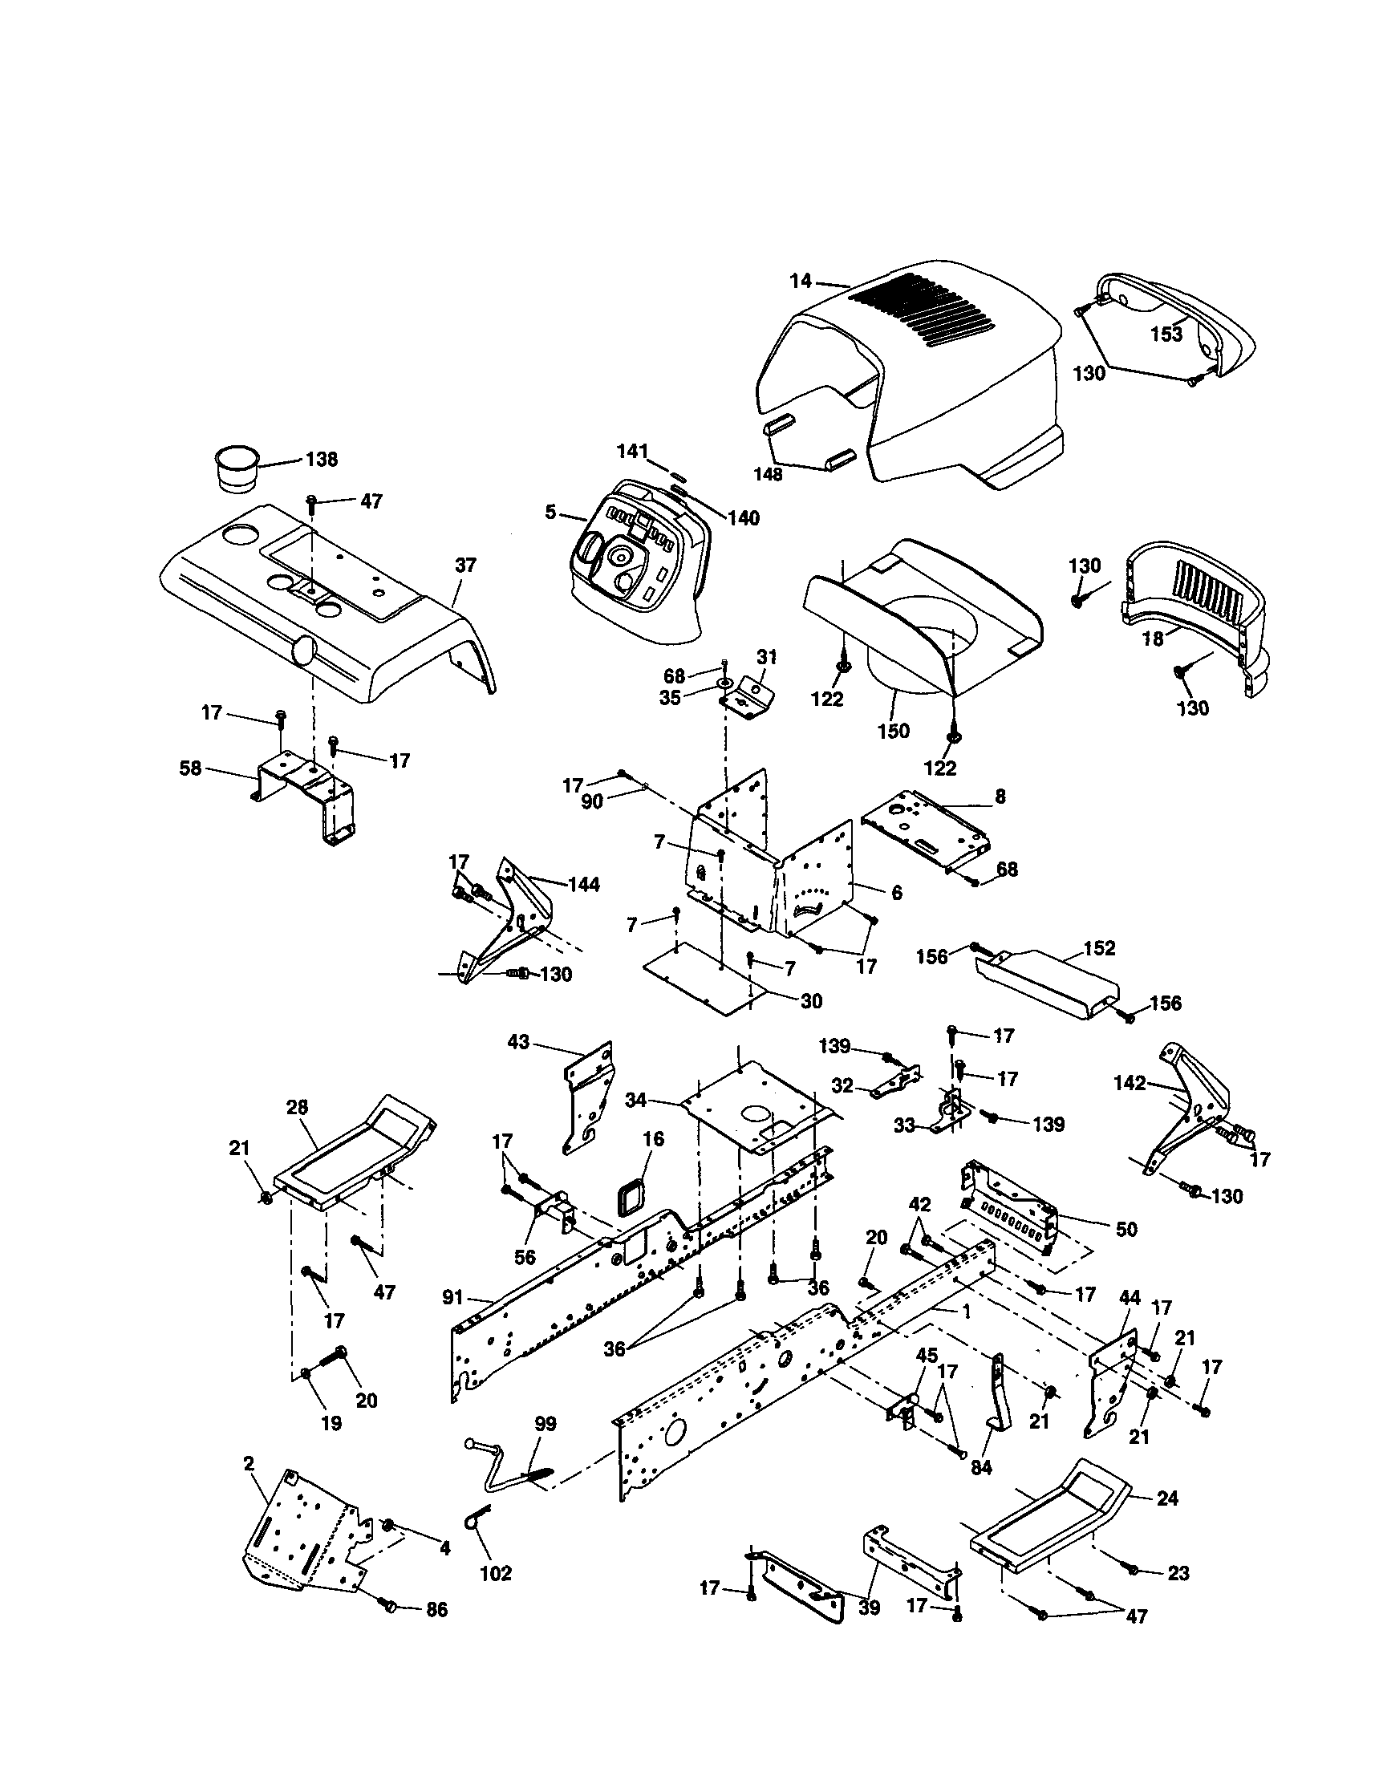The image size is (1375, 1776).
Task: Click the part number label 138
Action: point(321,460)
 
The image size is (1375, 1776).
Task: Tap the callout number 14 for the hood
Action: point(800,282)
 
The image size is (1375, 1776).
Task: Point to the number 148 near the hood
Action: point(768,474)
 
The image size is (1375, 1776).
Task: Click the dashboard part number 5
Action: point(550,513)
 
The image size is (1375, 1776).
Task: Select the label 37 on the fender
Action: point(464,566)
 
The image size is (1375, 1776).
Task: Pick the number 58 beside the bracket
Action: point(190,768)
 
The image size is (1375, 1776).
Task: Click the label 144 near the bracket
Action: point(584,885)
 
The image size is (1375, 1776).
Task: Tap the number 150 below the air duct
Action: point(893,731)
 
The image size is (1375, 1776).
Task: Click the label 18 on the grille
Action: point(1152,639)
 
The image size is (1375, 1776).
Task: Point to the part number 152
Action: point(1099,948)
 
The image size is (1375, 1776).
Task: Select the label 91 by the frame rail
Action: point(454,1298)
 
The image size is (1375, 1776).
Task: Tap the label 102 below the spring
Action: point(495,1573)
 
